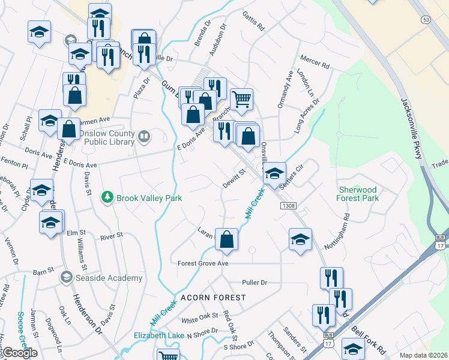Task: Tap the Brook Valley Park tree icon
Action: (x=107, y=197)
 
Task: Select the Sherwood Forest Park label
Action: (x=358, y=193)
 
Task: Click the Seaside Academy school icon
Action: (x=66, y=277)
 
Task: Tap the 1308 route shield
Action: (x=286, y=205)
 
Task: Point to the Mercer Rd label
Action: (x=315, y=63)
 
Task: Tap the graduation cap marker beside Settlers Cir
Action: (x=274, y=173)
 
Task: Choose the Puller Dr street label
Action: (x=254, y=282)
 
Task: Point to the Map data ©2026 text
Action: (x=423, y=355)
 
